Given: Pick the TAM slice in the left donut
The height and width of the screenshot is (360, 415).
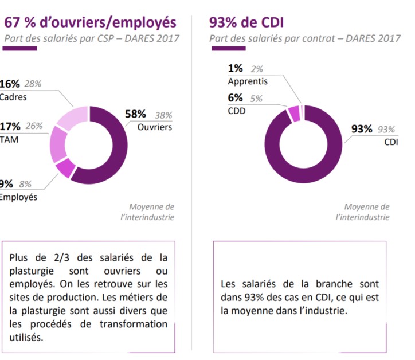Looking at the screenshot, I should point(58,143).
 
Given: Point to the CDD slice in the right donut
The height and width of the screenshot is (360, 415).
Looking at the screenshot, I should point(293,113).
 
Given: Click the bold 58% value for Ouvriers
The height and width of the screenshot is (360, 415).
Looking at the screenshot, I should point(136,114).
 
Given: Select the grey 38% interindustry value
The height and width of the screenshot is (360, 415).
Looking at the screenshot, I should point(163,115).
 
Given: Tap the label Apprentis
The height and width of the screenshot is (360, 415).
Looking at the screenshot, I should point(248,81).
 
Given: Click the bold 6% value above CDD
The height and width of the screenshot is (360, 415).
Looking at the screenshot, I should point(236,98).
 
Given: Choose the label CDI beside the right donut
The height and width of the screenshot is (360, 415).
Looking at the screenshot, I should point(391,142).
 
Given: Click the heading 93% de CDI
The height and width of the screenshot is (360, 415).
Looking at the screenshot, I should point(247,22).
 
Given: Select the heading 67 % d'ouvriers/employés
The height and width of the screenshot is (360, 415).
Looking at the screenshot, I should point(91,22).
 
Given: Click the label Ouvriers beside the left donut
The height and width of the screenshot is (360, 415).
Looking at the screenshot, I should point(154,127).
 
